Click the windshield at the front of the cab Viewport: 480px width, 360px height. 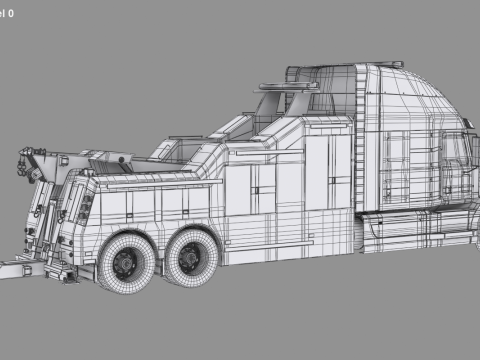pos(462,150)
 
